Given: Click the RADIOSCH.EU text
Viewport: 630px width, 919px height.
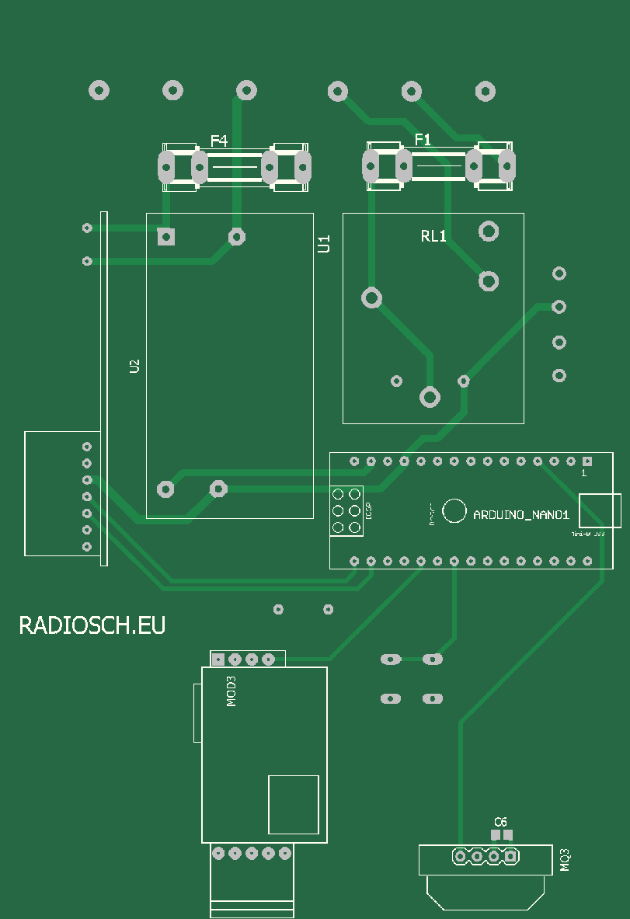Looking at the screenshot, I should pos(92,625).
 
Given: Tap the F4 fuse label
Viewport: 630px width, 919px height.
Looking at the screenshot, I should pos(219,141).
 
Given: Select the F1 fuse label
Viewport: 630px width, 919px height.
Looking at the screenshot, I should pos(423,140).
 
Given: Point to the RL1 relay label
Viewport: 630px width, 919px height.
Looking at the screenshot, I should pos(433,236).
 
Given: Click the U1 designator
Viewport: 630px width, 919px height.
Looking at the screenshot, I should pos(324,244).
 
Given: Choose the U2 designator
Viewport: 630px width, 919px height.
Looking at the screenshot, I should pos(134,366).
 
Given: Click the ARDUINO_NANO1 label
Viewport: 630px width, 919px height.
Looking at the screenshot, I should pos(521,514).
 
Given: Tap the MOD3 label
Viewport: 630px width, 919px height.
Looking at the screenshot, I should pos(231,691).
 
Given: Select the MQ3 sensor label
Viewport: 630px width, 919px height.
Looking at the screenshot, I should pos(566,859).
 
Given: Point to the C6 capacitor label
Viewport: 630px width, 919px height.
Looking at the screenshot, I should pos(501,821).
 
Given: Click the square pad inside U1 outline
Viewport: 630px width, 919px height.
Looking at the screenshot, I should pos(165,236).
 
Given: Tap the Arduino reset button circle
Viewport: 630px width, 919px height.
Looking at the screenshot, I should pos(454,510).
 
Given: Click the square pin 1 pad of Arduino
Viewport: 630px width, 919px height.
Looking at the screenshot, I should pos(587,461).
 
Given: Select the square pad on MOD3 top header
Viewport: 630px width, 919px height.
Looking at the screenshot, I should pos(218,660).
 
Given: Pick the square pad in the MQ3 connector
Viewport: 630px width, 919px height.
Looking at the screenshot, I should pos(511,856).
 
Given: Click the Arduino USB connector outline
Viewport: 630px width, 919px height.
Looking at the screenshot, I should pos(600,510).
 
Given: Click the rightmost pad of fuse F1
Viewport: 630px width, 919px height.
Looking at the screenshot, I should pos(506,164).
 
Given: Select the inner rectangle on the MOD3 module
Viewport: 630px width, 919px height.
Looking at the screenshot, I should pos(294,804).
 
